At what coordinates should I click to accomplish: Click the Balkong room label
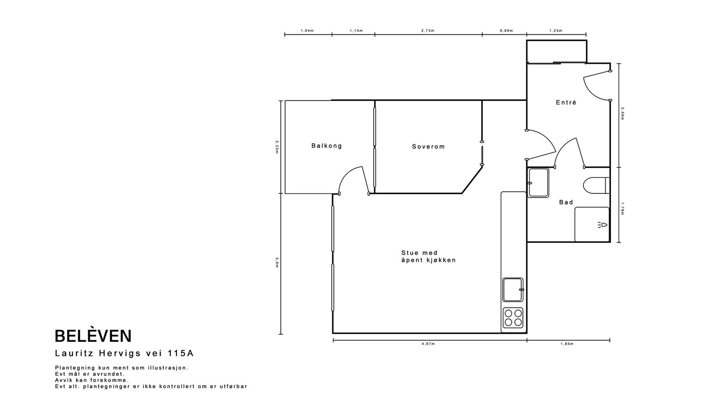[326, 146]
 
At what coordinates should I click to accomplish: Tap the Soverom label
[428, 147]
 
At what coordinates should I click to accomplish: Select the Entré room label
[566, 102]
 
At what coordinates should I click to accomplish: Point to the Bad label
[566, 202]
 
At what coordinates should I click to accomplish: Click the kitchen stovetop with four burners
[513, 317]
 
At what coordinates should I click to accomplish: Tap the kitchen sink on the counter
[513, 290]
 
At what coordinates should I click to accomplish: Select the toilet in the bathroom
[596, 185]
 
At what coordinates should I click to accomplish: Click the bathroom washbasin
[538, 183]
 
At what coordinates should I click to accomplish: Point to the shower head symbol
[602, 225]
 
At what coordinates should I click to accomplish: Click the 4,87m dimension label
[428, 344]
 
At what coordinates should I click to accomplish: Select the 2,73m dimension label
[428, 31]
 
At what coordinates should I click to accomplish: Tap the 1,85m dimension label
[567, 344]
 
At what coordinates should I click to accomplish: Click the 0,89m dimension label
[506, 31]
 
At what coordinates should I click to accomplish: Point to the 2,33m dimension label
[277, 147]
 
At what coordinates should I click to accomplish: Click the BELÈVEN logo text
[93, 336]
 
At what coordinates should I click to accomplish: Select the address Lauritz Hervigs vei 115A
[124, 353]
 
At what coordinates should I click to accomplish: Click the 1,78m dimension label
[622, 208]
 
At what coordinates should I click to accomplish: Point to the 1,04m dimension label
[307, 31]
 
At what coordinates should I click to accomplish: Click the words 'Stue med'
[419, 253]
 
